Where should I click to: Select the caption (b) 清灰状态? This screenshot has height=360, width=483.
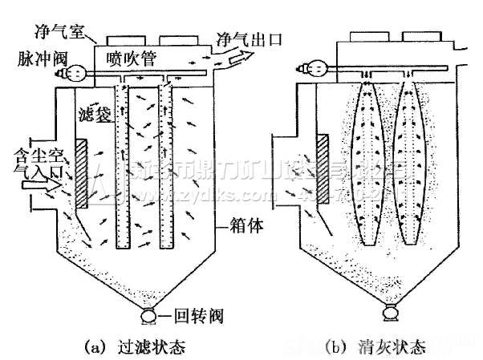point(377,346)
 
